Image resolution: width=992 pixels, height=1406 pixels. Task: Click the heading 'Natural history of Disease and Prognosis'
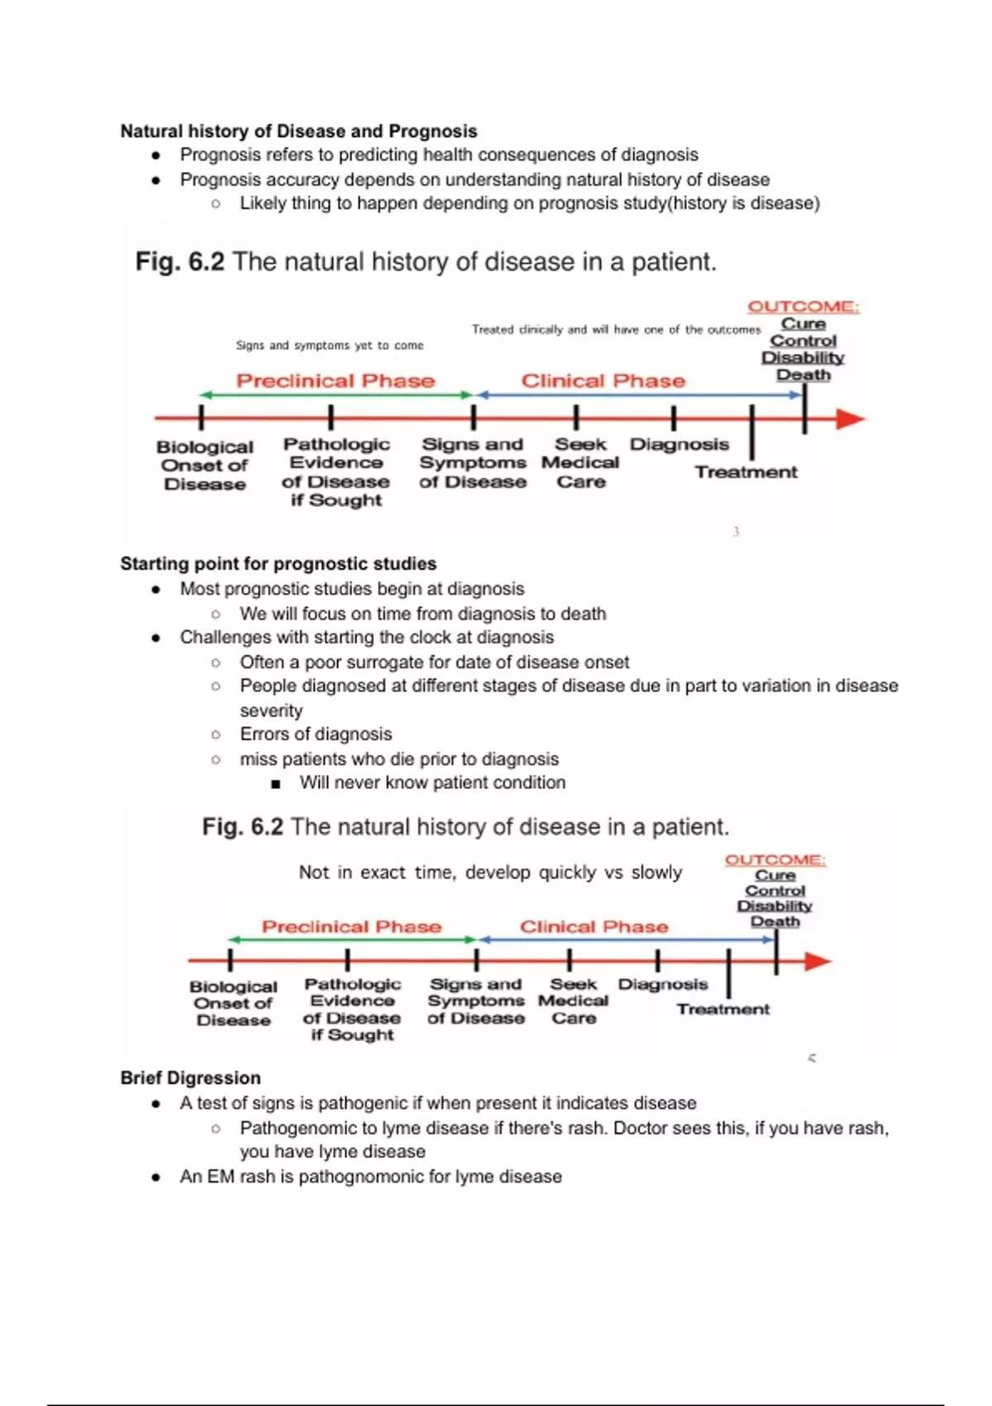point(298,131)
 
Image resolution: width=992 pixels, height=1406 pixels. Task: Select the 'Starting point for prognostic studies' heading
point(278,563)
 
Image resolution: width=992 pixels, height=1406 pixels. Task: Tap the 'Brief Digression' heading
point(190,1078)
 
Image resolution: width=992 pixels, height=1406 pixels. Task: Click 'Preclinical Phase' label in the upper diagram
point(335,380)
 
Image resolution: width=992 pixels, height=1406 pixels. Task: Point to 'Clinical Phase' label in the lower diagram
point(594,926)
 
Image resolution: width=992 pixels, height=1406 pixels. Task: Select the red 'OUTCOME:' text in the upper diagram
point(803,306)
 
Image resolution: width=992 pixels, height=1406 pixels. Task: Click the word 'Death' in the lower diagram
point(775,921)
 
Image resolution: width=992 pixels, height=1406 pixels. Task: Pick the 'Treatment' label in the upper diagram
point(746,472)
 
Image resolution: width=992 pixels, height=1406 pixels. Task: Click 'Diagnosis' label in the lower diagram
point(663,984)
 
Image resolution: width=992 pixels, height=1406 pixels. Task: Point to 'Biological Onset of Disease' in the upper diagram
point(205,465)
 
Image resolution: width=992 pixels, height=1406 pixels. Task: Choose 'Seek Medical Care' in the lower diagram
point(573,1001)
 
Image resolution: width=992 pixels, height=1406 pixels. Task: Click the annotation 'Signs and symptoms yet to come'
point(329,345)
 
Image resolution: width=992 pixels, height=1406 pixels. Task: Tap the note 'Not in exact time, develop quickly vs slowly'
point(490,873)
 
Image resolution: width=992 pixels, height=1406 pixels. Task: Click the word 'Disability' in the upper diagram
point(803,357)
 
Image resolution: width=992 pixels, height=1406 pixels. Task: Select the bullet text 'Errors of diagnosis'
point(316,734)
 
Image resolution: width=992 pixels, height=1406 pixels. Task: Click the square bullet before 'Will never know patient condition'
point(275,783)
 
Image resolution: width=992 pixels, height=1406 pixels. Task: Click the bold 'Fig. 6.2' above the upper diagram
point(179,261)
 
